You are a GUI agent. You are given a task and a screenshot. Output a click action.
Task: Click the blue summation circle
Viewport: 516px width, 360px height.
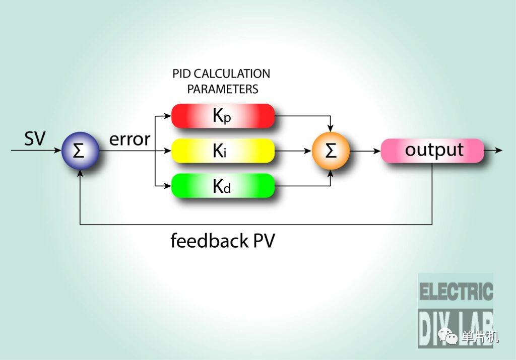[x=80, y=151]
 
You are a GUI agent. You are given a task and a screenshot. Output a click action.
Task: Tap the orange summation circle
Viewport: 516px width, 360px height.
[x=331, y=151]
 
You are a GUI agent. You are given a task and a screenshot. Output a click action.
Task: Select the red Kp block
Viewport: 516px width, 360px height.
[x=223, y=116]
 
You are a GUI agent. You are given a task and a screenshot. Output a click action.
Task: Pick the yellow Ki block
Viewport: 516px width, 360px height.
[x=223, y=151]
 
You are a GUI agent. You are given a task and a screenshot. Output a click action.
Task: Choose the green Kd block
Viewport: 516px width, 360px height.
[x=223, y=186]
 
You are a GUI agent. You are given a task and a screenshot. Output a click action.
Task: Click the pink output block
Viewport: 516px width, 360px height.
[x=432, y=151]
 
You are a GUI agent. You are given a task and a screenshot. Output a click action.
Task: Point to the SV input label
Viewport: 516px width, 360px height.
[x=35, y=138]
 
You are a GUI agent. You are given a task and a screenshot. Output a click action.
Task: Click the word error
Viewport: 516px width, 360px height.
[x=130, y=139]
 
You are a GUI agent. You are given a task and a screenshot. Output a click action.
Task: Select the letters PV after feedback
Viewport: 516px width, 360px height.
[x=264, y=241]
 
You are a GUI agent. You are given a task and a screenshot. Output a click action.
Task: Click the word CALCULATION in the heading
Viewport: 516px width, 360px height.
[x=232, y=74]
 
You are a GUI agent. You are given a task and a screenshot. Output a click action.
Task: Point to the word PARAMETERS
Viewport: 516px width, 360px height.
[x=223, y=89]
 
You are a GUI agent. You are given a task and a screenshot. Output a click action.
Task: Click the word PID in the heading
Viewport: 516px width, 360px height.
[x=181, y=74]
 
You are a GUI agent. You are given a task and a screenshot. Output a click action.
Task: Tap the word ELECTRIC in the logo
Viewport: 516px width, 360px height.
[x=456, y=292]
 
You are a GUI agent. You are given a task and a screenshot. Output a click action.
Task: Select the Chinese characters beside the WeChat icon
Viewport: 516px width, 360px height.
[x=480, y=337]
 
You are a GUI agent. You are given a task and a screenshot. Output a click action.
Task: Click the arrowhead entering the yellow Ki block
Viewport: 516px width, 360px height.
[x=167, y=151]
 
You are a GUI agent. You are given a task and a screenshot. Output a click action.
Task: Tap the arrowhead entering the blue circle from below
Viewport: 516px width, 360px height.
[x=80, y=173]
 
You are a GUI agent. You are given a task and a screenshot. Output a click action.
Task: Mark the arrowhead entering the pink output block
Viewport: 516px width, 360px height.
[x=377, y=151]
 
